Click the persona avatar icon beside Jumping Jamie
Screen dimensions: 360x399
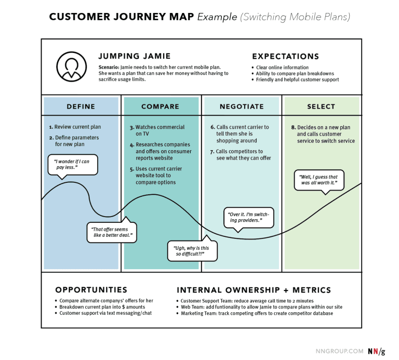(x=71, y=66)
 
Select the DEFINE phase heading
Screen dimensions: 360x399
(x=81, y=106)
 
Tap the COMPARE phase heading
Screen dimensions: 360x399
(x=160, y=106)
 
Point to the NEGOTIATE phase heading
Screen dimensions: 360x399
(x=242, y=106)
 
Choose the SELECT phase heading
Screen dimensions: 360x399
(x=321, y=106)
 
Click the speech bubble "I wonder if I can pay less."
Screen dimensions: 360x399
(x=72, y=165)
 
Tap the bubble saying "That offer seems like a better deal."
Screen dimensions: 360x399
(x=111, y=232)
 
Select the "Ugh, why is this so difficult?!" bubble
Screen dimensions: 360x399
(x=192, y=251)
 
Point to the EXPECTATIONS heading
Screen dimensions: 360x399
(x=285, y=57)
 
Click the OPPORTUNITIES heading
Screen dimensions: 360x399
(x=91, y=290)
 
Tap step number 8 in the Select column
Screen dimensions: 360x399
(x=293, y=127)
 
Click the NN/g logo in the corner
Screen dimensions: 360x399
(x=377, y=351)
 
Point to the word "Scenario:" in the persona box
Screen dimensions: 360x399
(x=109, y=68)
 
